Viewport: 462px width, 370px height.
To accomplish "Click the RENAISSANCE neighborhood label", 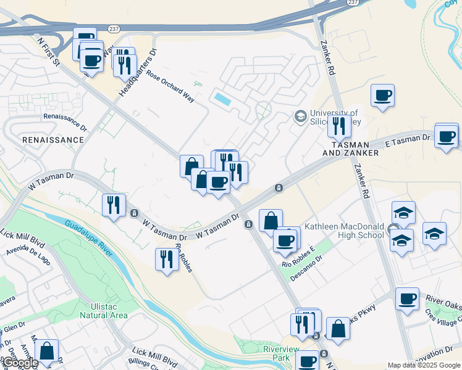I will (x=52, y=140).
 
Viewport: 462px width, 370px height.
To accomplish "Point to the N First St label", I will (x=48, y=52).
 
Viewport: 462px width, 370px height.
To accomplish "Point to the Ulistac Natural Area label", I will (x=103, y=310).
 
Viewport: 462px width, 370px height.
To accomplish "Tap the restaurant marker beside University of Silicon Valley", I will (x=339, y=127).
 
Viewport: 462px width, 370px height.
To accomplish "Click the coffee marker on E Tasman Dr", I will (x=446, y=136).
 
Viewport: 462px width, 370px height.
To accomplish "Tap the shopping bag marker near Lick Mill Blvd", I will (x=47, y=351).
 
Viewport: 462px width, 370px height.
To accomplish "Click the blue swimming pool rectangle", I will (x=222, y=98).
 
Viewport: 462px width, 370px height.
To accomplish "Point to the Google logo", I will (x=21, y=363).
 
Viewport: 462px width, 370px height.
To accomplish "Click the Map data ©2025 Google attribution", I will (x=424, y=365).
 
